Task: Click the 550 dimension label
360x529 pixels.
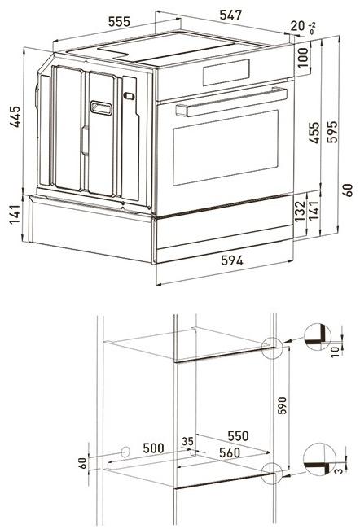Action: [x=237, y=435]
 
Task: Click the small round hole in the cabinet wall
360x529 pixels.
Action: [x=125, y=449]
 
